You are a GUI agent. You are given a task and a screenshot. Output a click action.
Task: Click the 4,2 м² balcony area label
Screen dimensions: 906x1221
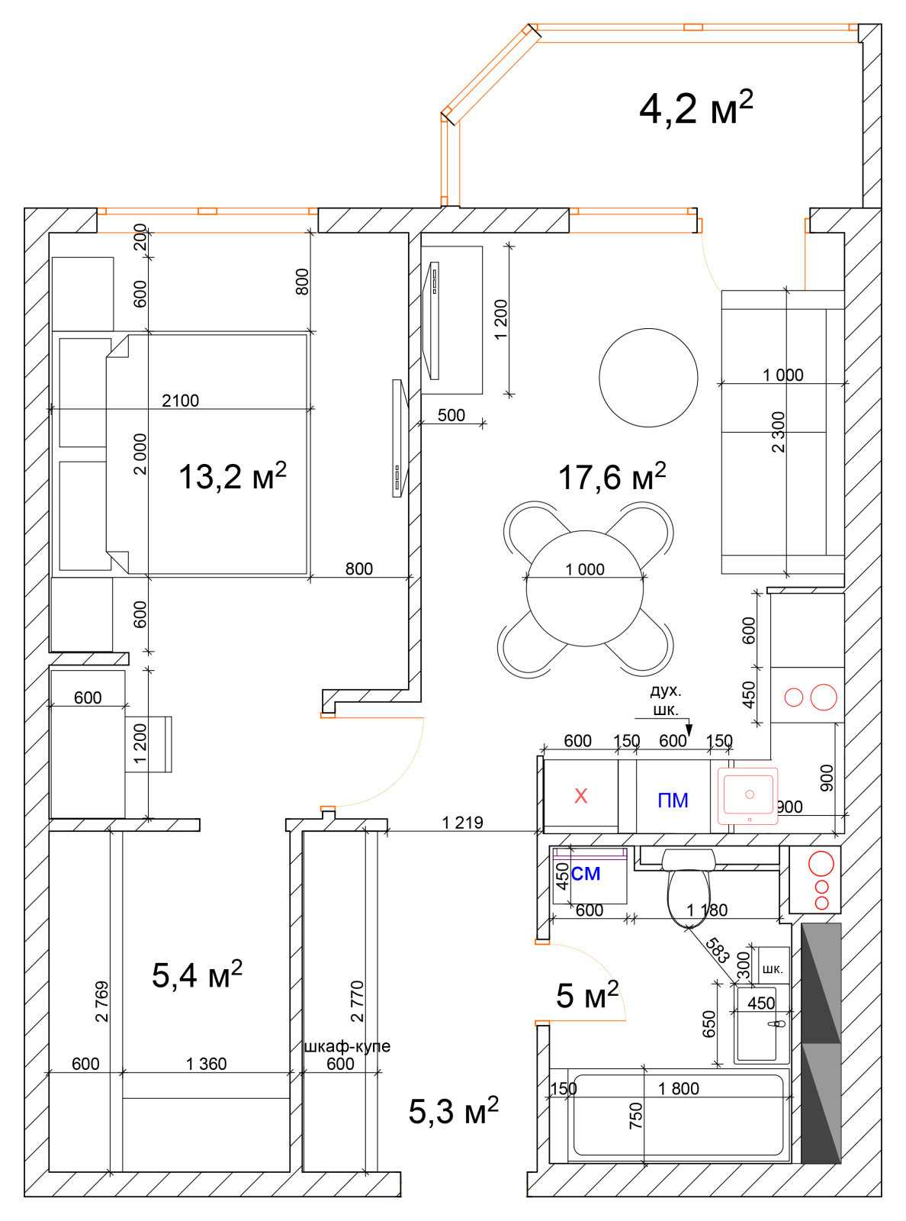pyautogui.click(x=696, y=108)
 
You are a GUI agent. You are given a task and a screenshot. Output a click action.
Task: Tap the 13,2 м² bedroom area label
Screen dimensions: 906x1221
pyautogui.click(x=232, y=475)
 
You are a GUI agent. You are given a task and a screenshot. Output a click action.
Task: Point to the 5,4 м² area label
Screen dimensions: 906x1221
pyautogui.click(x=197, y=975)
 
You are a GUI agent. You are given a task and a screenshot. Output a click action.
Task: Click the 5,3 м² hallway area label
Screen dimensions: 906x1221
pyautogui.click(x=453, y=1110)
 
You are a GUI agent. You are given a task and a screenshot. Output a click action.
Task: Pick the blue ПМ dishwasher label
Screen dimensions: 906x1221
pyautogui.click(x=673, y=801)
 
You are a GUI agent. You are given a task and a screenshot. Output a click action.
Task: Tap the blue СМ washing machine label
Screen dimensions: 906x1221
pyautogui.click(x=585, y=874)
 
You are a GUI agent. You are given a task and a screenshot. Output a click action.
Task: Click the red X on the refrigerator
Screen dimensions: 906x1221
pyautogui.click(x=581, y=796)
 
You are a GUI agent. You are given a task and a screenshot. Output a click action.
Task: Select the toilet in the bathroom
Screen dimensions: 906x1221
pyautogui.click(x=689, y=888)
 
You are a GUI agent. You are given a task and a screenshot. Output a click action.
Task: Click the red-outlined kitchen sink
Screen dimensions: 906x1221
pyautogui.click(x=747, y=796)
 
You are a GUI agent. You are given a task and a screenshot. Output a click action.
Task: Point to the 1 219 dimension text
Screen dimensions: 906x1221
pyautogui.click(x=463, y=823)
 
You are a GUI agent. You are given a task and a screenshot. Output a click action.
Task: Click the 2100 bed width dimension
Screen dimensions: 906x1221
pyautogui.click(x=180, y=400)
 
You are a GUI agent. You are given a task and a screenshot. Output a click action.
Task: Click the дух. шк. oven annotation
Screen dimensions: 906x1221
pyautogui.click(x=666, y=701)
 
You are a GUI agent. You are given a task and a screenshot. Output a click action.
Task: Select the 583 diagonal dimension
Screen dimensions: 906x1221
pyautogui.click(x=717, y=951)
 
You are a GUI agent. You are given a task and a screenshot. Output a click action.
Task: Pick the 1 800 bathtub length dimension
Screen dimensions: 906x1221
pyautogui.click(x=678, y=1088)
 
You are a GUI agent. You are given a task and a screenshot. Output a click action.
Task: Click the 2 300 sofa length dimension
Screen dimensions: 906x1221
pyautogui.click(x=779, y=432)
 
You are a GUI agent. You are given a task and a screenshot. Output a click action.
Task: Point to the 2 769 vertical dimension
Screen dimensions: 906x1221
pyautogui.click(x=102, y=1001)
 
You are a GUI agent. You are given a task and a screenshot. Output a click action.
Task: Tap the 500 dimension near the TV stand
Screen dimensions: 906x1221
pyautogui.click(x=451, y=415)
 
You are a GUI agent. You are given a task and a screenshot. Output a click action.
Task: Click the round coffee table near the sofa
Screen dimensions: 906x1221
pyautogui.click(x=648, y=378)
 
